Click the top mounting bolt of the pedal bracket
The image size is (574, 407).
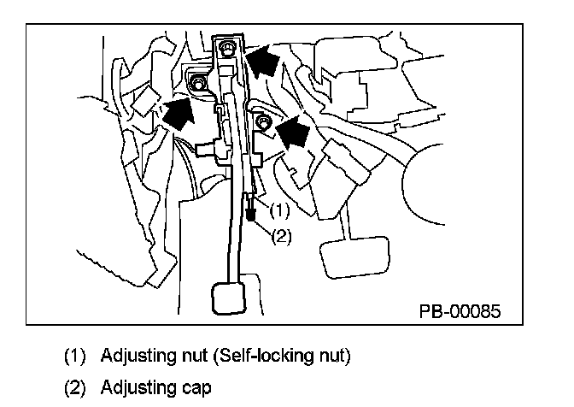tap(227, 48)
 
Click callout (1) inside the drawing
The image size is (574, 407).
tap(280, 208)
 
